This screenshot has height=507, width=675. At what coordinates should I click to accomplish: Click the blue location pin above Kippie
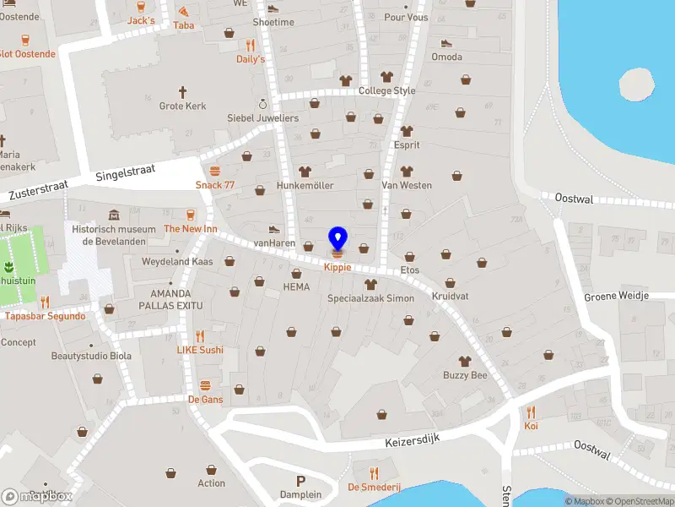coord(337,237)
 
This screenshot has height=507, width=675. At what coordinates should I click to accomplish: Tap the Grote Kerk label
coord(181,106)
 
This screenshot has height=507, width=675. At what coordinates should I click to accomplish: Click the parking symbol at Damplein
coord(300,481)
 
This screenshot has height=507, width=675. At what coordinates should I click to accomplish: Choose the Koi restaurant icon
coord(531,412)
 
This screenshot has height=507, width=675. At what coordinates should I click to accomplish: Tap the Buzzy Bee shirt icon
coord(465,361)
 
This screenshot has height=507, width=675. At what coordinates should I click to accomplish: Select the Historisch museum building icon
coord(114,215)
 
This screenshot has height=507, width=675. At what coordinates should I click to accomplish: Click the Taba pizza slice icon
coord(184,12)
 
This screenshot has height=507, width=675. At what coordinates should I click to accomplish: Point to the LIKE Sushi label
coord(200,350)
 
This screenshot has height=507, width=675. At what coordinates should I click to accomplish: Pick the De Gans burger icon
coord(205,385)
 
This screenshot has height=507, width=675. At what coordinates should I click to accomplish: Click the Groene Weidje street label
coord(616,297)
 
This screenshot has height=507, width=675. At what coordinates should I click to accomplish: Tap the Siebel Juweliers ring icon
coord(262,104)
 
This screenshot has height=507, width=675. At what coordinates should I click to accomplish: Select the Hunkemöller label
coord(305,185)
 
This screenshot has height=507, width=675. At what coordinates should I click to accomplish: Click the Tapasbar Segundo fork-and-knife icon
coord(45,302)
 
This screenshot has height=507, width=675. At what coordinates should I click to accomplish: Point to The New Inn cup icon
coord(191,215)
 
